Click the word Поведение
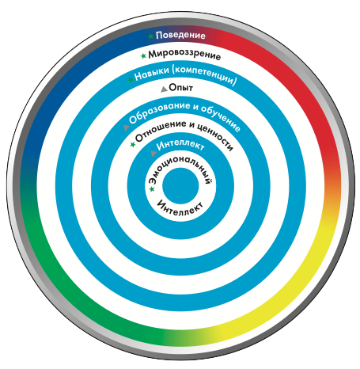point(180,36)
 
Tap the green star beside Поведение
point(151,36)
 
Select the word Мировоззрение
point(184,55)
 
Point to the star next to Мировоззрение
point(143,55)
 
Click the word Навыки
point(152,74)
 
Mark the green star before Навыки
point(131,79)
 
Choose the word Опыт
point(180,87)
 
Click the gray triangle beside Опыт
point(164,89)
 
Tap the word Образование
point(159,112)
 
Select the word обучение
point(221,118)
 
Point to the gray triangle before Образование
point(127,127)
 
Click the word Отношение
point(161,131)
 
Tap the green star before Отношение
point(133,144)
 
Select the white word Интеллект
point(180,145)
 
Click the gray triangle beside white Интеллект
point(153,154)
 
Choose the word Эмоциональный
point(180,170)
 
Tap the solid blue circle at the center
point(180,186)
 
